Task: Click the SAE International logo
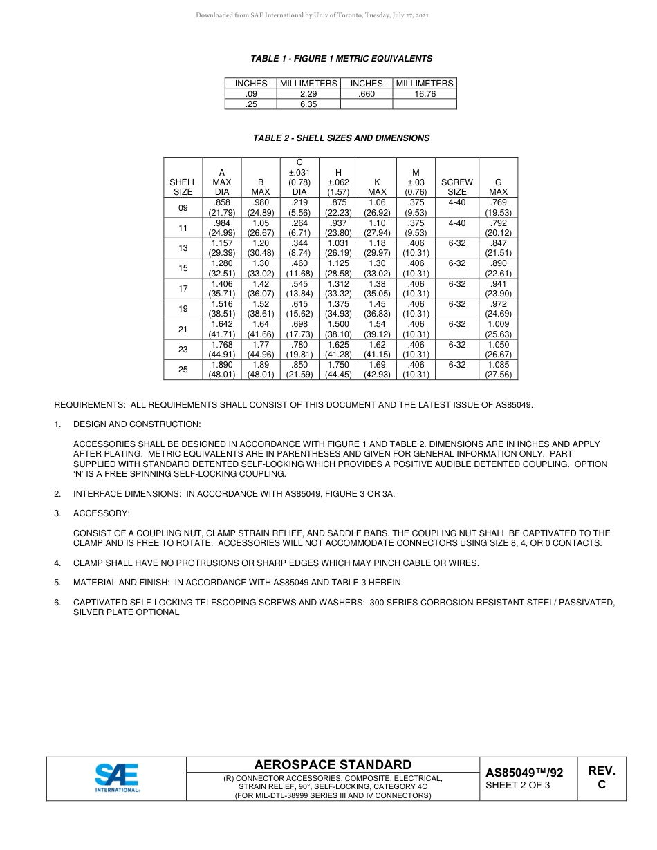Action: pos(116,778)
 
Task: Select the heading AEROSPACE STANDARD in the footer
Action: pos(333,764)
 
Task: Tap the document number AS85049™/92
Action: pos(524,773)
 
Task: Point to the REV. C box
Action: pos(601,778)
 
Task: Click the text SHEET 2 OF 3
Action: pos(518,785)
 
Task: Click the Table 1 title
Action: pos(342,59)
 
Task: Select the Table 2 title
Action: pos(341,138)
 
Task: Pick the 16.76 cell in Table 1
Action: pos(425,94)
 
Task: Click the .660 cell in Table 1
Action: pos(366,94)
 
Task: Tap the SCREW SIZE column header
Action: pos(457,187)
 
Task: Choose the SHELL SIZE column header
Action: pos(183,187)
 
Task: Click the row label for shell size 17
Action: pos(183,289)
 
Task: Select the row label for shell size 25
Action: pos(183,370)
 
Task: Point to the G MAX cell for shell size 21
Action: pos(498,329)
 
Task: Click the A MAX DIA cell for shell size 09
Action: pos(221,208)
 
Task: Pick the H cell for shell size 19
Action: pos(338,309)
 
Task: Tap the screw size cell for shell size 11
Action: pos(457,224)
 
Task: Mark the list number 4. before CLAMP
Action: pos(58,563)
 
